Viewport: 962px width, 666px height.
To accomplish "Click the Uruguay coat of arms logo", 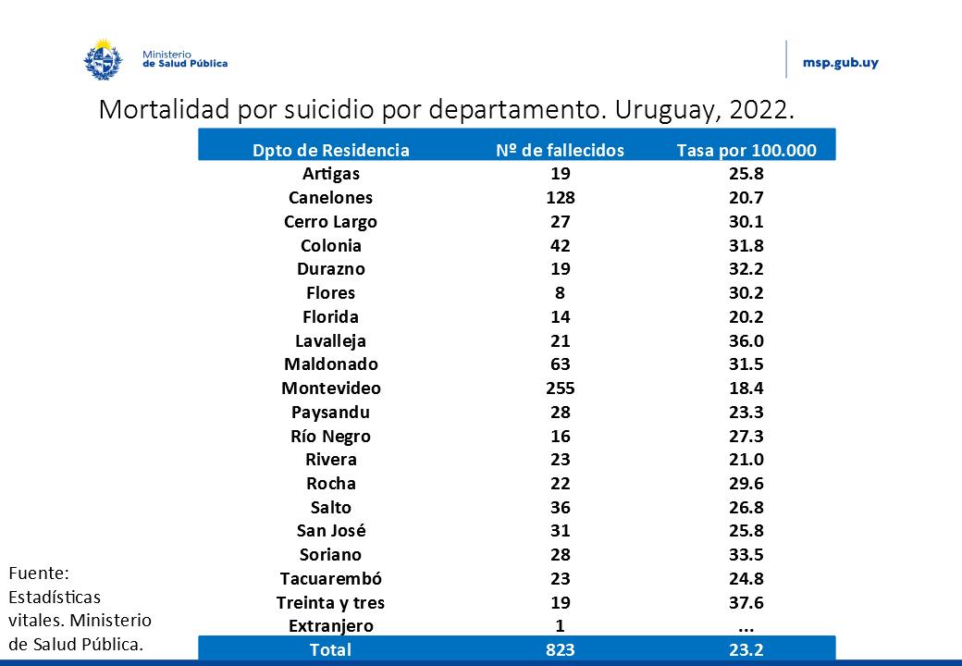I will pyautogui.click(x=104, y=58).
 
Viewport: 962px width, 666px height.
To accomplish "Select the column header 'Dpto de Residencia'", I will pyautogui.click(x=330, y=150).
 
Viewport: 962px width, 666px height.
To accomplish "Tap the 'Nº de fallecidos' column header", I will pyautogui.click(x=560, y=150).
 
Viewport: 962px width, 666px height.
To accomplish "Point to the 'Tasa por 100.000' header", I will pyautogui.click(x=746, y=150).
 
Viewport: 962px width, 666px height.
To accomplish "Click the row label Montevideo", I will pyautogui.click(x=330, y=388).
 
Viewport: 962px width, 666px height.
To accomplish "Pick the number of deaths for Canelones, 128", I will pyautogui.click(x=560, y=198).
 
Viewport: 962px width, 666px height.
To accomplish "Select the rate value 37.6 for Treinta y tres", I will pyautogui.click(x=746, y=603).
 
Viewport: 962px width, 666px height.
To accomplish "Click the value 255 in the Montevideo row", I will pyautogui.click(x=560, y=388).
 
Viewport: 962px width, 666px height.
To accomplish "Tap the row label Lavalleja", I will pyautogui.click(x=330, y=340).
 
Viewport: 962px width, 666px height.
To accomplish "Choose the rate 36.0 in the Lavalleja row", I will pyautogui.click(x=746, y=340).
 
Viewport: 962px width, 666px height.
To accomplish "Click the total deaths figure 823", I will pyautogui.click(x=560, y=649).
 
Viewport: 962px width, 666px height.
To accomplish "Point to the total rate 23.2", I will pyautogui.click(x=746, y=649).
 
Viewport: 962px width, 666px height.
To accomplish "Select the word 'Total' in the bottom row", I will pyautogui.click(x=330, y=649).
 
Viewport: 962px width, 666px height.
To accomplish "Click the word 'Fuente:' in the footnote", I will pyautogui.click(x=38, y=573).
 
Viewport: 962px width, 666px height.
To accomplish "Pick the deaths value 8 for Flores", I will pyautogui.click(x=560, y=293).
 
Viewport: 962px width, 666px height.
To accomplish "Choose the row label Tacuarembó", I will pyautogui.click(x=330, y=579).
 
